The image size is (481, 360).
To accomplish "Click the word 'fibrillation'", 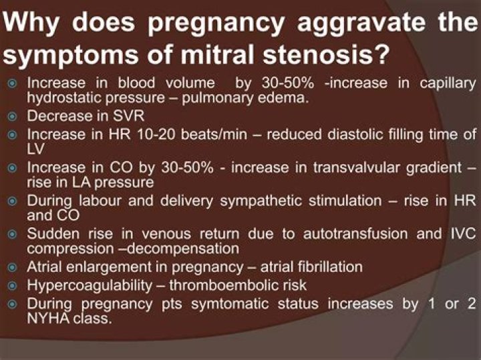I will tap(326, 266).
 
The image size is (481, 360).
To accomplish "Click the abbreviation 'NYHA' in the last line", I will tap(48, 318).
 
